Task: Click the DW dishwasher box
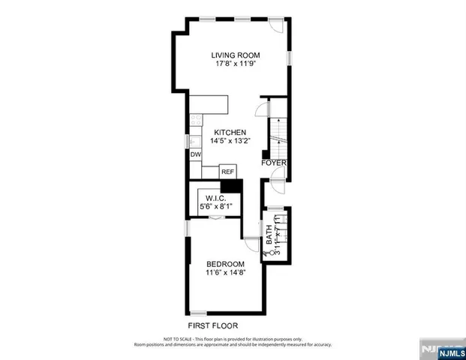pos(195,154)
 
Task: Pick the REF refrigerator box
pos(227,172)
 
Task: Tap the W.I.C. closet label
pos(216,199)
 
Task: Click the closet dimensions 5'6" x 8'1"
pos(216,207)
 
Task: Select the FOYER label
pos(274,163)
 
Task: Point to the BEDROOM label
pos(226,263)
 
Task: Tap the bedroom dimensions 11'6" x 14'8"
pos(226,272)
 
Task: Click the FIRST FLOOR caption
pos(214,325)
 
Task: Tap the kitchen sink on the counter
pos(195,139)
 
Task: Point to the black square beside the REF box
pos(231,187)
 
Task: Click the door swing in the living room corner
pos(278,25)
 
